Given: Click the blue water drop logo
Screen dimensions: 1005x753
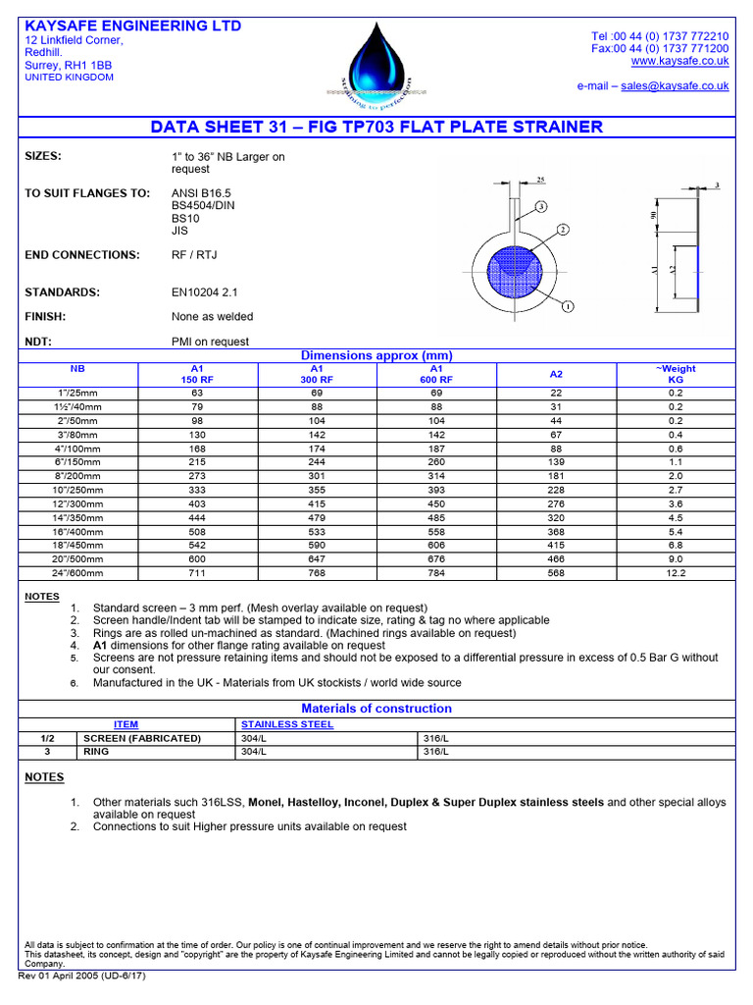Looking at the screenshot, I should click(x=375, y=61).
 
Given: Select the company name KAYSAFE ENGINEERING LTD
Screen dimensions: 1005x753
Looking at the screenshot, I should click(x=132, y=26).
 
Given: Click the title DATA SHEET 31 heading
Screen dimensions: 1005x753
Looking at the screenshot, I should click(x=376, y=128).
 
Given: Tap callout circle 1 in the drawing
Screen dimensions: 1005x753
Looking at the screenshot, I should click(x=567, y=307).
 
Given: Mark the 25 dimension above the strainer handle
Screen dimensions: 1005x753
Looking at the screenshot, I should click(x=540, y=180).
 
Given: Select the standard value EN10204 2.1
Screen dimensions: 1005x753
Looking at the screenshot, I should click(x=204, y=292).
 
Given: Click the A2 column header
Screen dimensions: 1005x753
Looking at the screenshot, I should click(x=556, y=374).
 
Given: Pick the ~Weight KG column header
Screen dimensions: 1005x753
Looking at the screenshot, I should click(x=676, y=374).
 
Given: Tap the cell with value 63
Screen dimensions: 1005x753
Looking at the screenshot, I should click(x=196, y=393).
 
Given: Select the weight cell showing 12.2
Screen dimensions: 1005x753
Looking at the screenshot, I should click(x=676, y=572).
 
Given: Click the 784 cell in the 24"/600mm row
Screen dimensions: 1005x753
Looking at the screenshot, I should click(x=436, y=572).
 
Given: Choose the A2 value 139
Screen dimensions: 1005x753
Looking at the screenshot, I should click(x=556, y=461).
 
